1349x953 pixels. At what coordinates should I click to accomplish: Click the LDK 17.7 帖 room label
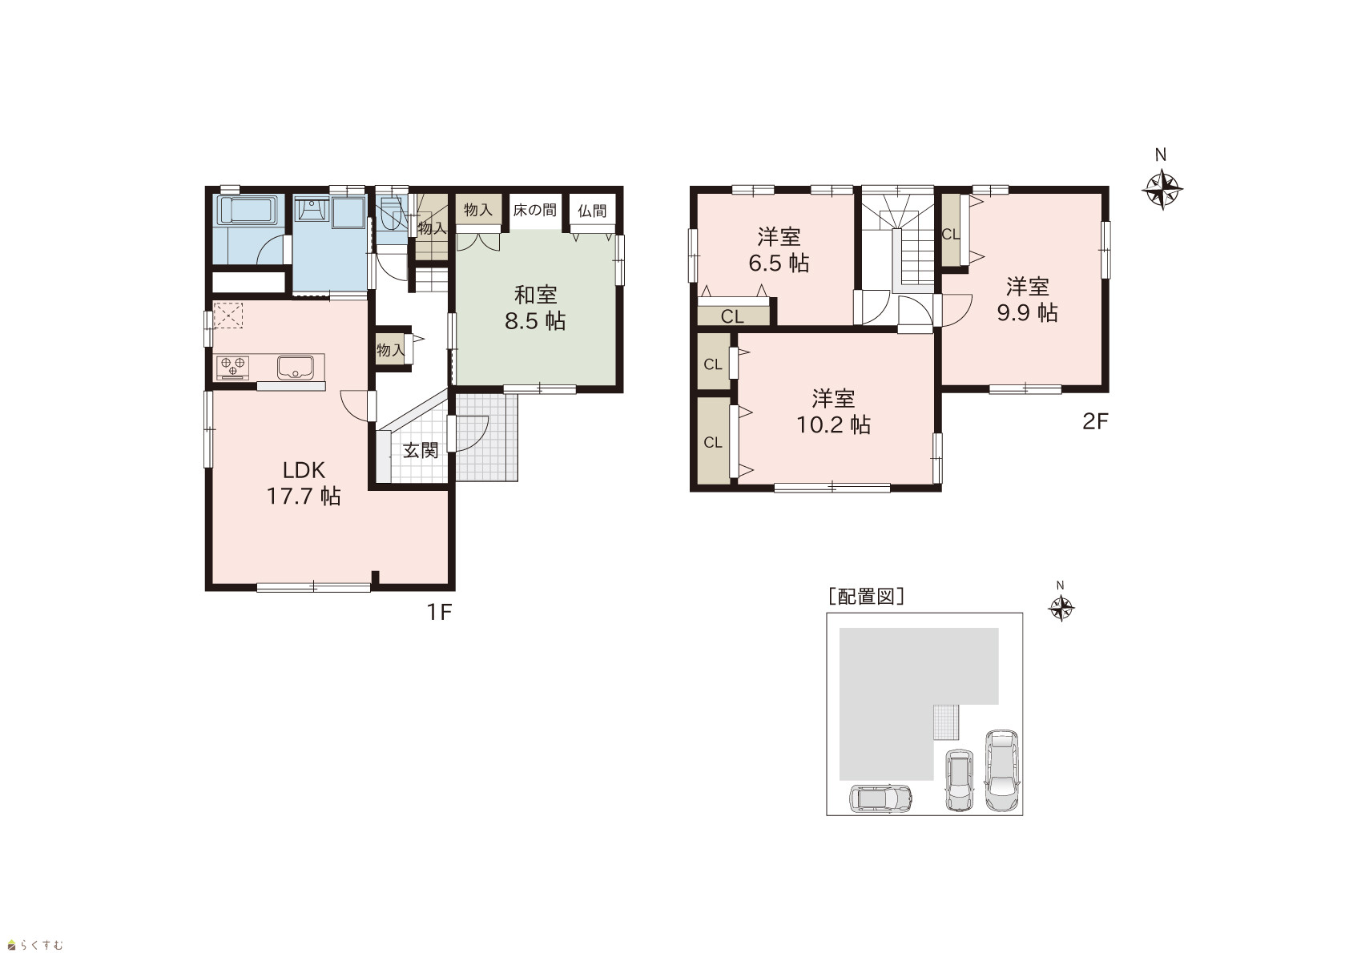click(304, 483)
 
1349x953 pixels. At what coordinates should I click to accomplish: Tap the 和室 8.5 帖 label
click(535, 308)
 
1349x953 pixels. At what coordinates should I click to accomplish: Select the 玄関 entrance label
click(421, 450)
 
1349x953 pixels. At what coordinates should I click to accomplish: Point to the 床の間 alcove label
click(535, 210)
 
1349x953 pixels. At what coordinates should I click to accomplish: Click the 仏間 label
click(592, 211)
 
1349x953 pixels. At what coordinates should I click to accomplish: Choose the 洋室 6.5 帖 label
click(779, 250)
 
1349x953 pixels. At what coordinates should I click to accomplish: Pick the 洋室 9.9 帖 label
click(1028, 300)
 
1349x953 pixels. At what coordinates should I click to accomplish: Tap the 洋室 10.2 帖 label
click(833, 412)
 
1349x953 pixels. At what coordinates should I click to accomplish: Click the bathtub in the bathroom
click(247, 211)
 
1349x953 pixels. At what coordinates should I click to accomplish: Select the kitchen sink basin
click(295, 368)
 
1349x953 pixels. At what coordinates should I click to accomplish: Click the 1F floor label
click(439, 613)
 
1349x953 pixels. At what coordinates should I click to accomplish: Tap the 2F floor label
click(1095, 421)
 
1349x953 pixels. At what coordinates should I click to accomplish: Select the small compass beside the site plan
click(1061, 608)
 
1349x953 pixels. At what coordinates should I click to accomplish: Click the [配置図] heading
click(866, 597)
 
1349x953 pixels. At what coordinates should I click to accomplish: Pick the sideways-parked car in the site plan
click(880, 798)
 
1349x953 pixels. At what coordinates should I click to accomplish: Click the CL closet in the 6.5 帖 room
click(733, 316)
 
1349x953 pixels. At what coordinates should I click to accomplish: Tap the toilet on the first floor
click(392, 215)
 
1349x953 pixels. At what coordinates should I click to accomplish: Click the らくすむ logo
click(35, 945)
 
